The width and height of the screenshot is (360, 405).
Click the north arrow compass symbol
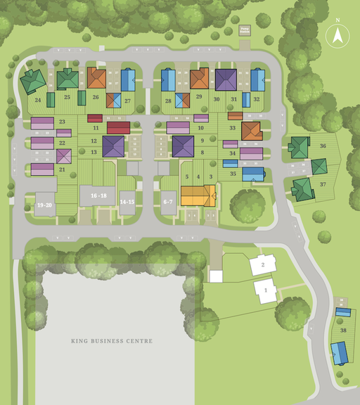pos(337,34)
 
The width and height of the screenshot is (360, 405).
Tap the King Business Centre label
pos(111,341)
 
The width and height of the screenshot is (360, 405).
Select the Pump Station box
pos(244,31)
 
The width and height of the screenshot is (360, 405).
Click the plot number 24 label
pos(38,100)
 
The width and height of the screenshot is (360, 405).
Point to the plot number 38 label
pos(343,330)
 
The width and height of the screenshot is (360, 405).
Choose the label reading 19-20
pos(45,205)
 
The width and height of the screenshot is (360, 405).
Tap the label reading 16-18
pos(98,195)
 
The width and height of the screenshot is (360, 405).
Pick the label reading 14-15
pos(127,202)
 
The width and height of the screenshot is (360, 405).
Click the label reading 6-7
pos(168,202)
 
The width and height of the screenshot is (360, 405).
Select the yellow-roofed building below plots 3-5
pos(198,195)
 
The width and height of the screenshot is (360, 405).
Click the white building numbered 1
pos(266,290)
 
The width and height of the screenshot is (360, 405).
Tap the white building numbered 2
pos(262,265)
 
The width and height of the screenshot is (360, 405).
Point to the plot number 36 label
pos(322,146)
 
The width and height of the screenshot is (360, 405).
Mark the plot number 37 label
pos(322,184)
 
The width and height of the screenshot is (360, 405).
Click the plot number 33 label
pos(233,128)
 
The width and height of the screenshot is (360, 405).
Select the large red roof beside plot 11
pos(118,127)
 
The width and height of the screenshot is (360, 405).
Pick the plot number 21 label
pos(62,169)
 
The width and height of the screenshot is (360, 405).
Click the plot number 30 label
pos(217,100)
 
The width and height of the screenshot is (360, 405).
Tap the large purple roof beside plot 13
pos(113,146)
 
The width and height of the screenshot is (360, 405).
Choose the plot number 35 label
pos(233,173)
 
